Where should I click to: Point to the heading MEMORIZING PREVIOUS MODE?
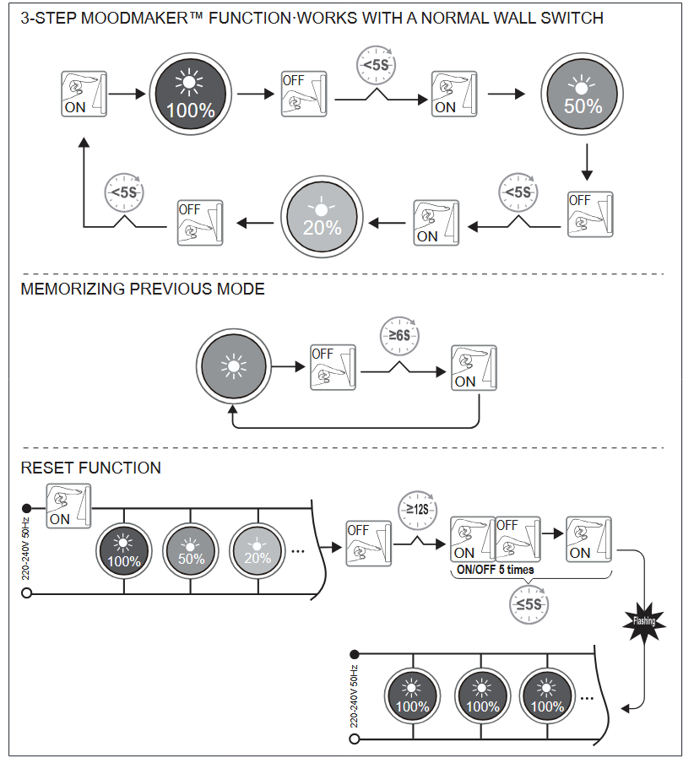(143, 290)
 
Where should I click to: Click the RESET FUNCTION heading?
(90, 468)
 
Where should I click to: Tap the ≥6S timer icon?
(399, 335)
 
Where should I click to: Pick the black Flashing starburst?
(643, 622)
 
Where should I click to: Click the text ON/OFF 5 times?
(495, 570)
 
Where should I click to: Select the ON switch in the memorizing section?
(474, 367)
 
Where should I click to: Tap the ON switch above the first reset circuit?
(69, 506)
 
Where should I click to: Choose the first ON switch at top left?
(84, 94)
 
